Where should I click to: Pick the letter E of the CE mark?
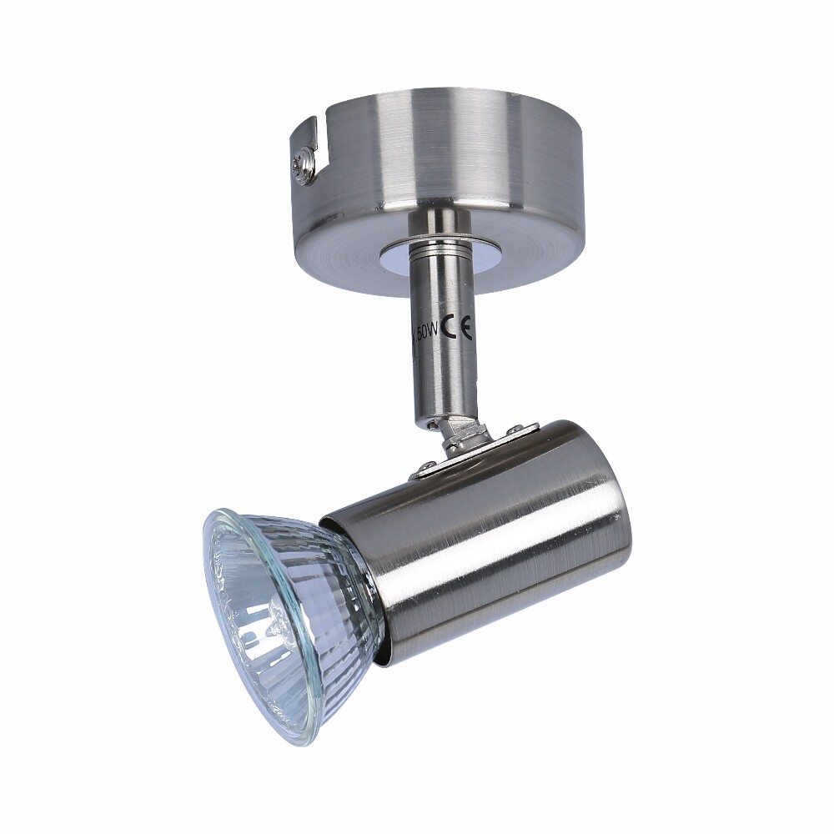tap(465, 329)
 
